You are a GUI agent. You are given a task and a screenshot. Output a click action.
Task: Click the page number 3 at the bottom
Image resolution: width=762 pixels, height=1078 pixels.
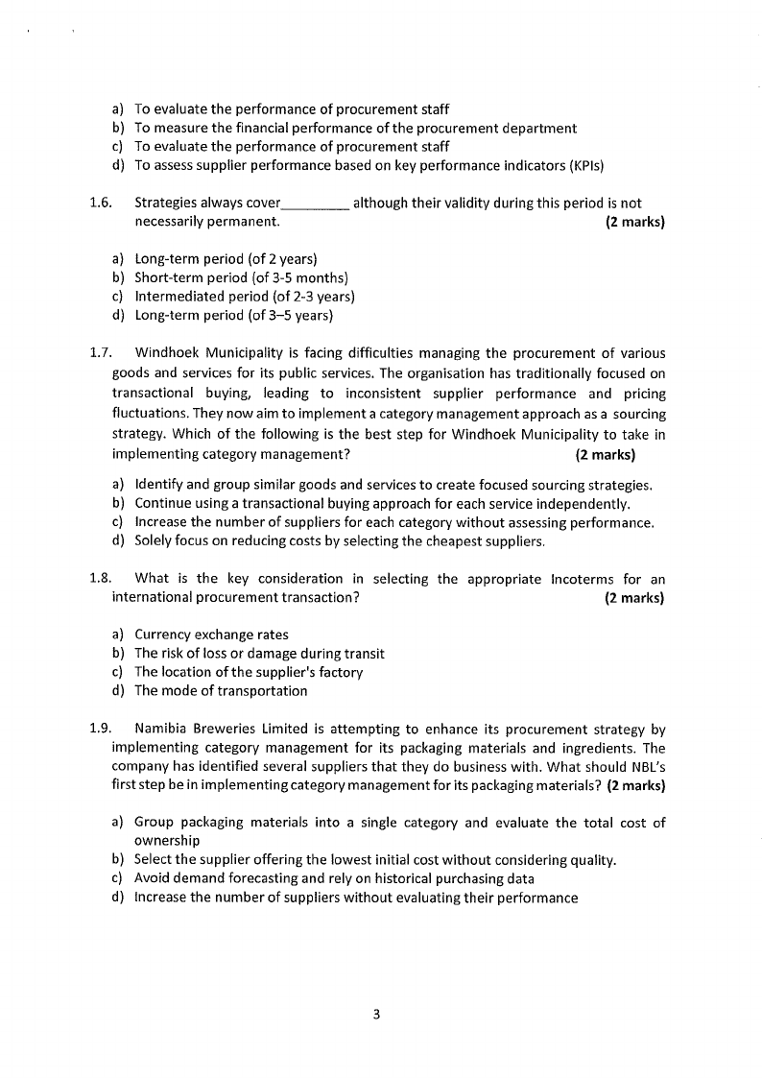coord(377,1014)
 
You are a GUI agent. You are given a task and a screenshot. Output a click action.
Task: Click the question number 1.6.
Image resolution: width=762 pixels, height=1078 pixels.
coord(100,204)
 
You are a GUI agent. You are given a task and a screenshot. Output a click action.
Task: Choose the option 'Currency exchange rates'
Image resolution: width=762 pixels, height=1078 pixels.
coord(211,635)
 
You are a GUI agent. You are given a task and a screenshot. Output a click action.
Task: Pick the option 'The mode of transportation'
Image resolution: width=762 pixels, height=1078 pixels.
coord(221,691)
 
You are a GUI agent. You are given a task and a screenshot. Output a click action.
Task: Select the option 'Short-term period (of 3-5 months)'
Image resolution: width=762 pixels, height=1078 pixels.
coord(234,278)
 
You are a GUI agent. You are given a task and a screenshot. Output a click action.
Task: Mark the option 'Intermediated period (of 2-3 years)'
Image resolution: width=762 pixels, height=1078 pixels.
coord(245,297)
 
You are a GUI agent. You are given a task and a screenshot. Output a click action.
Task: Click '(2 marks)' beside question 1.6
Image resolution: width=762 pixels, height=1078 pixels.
coord(634,223)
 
